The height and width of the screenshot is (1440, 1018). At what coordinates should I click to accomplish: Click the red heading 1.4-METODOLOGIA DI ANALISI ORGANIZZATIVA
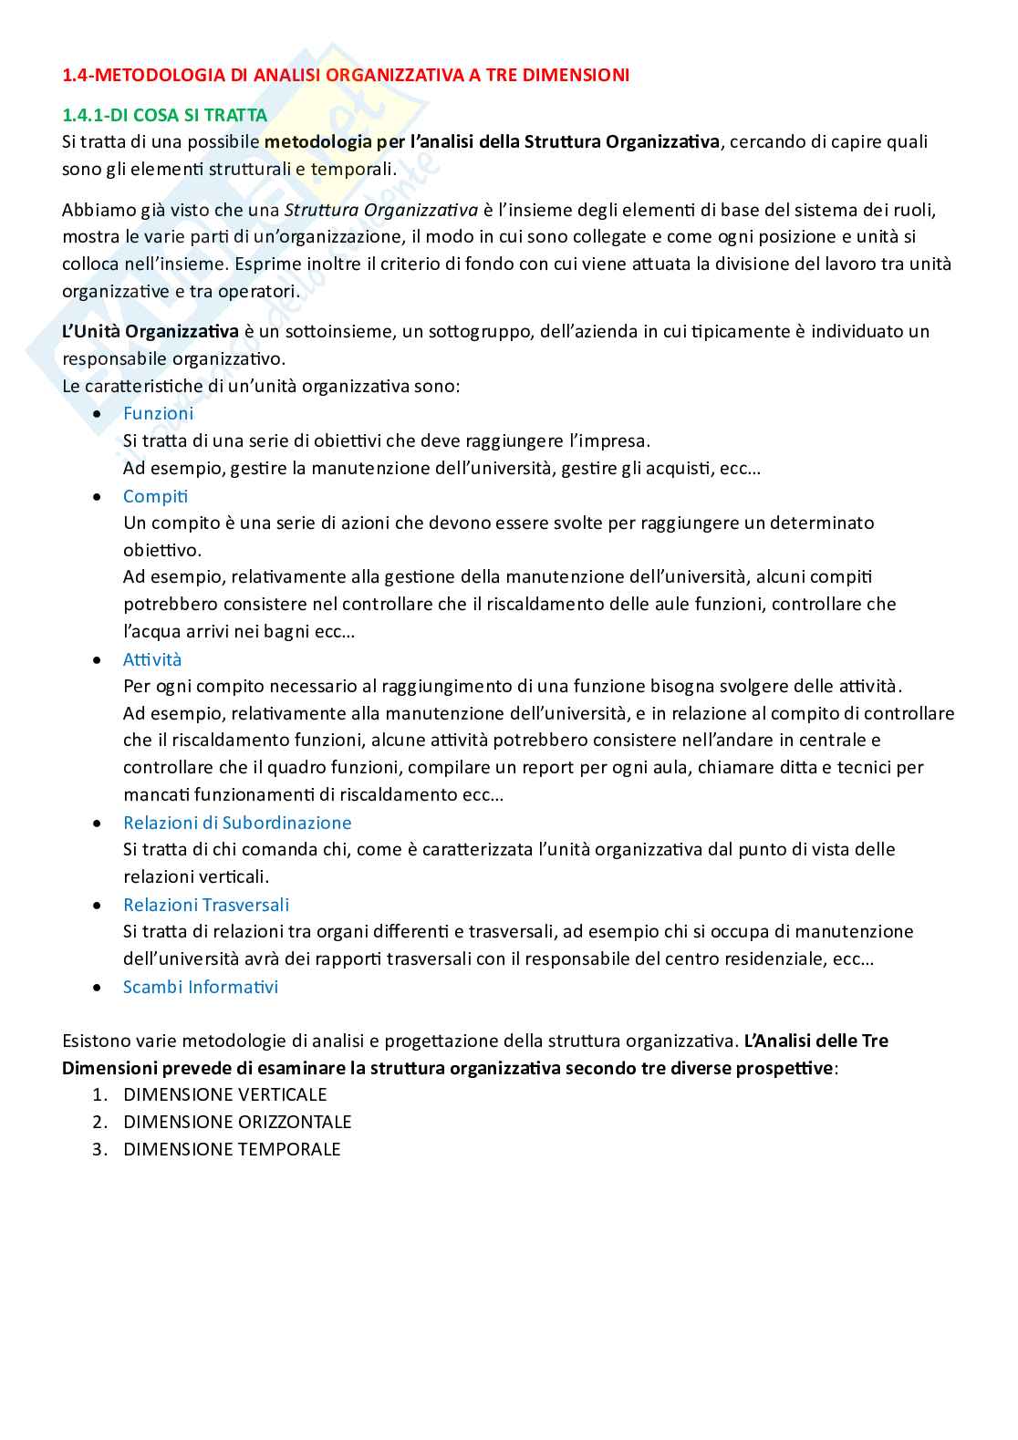[345, 75]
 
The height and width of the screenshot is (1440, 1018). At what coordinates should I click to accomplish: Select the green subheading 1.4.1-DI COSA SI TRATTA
[164, 115]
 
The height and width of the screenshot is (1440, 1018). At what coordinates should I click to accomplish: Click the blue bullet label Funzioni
[158, 413]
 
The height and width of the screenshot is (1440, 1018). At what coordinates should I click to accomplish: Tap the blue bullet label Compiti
[155, 496]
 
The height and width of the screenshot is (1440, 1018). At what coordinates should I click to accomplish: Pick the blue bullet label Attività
[152, 659]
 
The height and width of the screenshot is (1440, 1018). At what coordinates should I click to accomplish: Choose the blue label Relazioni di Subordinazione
[237, 823]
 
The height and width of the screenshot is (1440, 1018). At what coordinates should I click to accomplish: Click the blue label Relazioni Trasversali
[206, 905]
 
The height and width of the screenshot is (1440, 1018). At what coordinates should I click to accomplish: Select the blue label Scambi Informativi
[201, 987]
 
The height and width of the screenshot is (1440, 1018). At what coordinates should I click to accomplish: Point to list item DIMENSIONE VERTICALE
[224, 1094]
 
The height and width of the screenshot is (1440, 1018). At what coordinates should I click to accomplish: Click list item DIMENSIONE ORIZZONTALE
[237, 1122]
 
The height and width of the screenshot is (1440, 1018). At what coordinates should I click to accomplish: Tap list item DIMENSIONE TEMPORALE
[232, 1149]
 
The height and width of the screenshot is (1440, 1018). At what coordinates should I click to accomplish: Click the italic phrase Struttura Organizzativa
[381, 210]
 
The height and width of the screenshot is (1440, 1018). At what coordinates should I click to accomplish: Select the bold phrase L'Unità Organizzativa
[151, 331]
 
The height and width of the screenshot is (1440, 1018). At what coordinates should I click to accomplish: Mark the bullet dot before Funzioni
[98, 414]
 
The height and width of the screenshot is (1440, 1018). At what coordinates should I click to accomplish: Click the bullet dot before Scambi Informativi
[98, 988]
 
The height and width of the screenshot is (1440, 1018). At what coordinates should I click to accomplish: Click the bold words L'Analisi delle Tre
[815, 1041]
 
